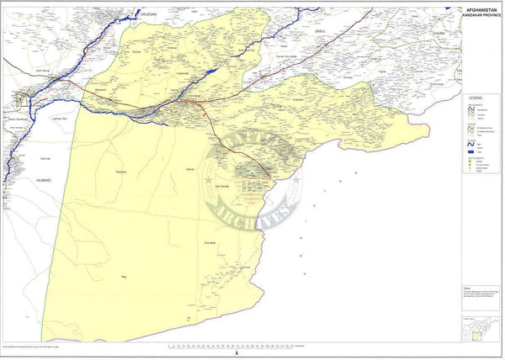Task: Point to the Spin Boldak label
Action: pyautogui.click(x=223, y=186)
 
